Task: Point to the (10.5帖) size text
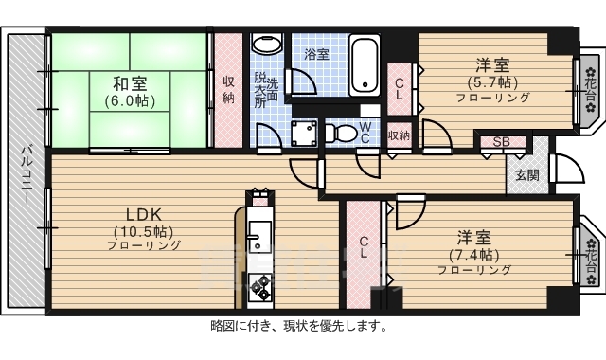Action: [144, 230]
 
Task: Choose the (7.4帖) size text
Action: [473, 254]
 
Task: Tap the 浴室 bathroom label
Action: [317, 55]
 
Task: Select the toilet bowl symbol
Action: [344, 132]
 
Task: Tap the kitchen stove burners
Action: [258, 287]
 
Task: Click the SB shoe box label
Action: [501, 143]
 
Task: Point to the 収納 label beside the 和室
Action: [228, 89]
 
